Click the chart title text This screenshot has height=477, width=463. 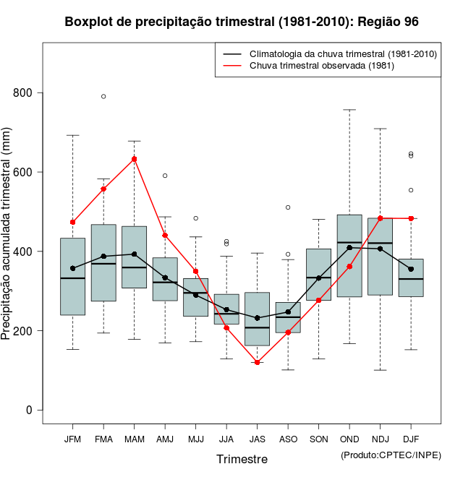pyautogui.click(x=242, y=22)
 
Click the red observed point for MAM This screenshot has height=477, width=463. pyautogui.click(x=135, y=159)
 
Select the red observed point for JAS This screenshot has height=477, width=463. pyautogui.click(x=258, y=362)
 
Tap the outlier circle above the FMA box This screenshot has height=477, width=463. pyautogui.click(x=103, y=96)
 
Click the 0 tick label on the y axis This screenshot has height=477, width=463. pyautogui.click(x=29, y=411)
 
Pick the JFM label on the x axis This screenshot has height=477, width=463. pyautogui.click(x=72, y=439)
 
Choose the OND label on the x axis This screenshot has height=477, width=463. pyautogui.click(x=349, y=439)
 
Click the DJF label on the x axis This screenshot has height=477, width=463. pyautogui.click(x=411, y=439)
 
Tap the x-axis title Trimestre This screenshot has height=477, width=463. pyautogui.click(x=242, y=459)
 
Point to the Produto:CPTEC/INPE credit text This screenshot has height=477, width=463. pyautogui.click(x=391, y=455)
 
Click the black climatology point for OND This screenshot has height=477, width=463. pyautogui.click(x=349, y=248)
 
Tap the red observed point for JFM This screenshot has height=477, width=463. pyautogui.click(x=72, y=222)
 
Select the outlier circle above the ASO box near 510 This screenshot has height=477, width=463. pyautogui.click(x=288, y=207)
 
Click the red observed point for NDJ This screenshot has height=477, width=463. pyautogui.click(x=381, y=218)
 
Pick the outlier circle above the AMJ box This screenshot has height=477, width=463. pyautogui.click(x=165, y=176)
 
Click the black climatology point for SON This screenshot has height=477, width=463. pyautogui.click(x=319, y=278)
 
